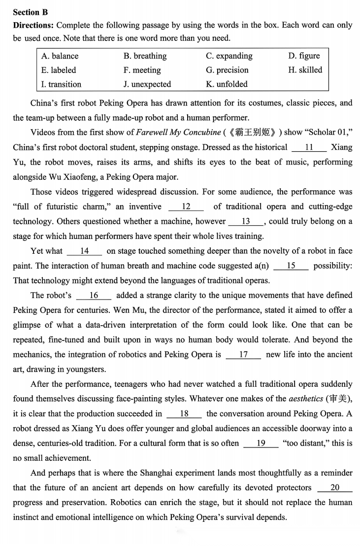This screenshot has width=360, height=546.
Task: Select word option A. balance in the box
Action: pyautogui.click(x=60, y=56)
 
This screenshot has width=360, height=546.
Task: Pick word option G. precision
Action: pyautogui.click(x=227, y=70)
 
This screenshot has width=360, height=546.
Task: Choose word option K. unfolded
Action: pyautogui.click(x=227, y=84)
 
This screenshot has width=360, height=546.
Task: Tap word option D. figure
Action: pyautogui.click(x=304, y=56)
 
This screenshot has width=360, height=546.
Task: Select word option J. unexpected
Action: pyautogui.click(x=147, y=84)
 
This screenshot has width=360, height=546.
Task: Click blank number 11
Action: pyautogui.click(x=309, y=147)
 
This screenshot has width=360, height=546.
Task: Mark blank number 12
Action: pyautogui.click(x=187, y=206)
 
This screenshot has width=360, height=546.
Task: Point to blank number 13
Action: pyautogui.click(x=246, y=221)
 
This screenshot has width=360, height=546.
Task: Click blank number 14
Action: pyautogui.click(x=84, y=251)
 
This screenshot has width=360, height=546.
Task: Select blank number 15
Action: pyautogui.click(x=291, y=266)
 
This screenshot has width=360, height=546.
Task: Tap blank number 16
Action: pyautogui.click(x=94, y=295)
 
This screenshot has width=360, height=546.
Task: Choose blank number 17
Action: pyautogui.click(x=243, y=354)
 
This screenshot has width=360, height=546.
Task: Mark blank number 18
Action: pyautogui.click(x=184, y=413)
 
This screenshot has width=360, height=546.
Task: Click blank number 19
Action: pyautogui.click(x=261, y=443)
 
